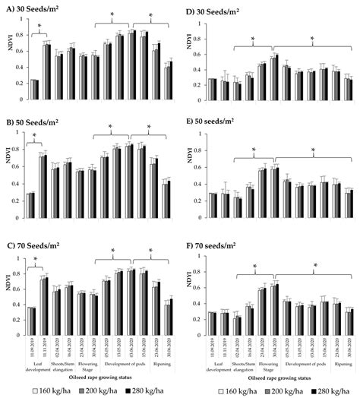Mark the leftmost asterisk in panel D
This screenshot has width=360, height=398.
coord(253,36)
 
